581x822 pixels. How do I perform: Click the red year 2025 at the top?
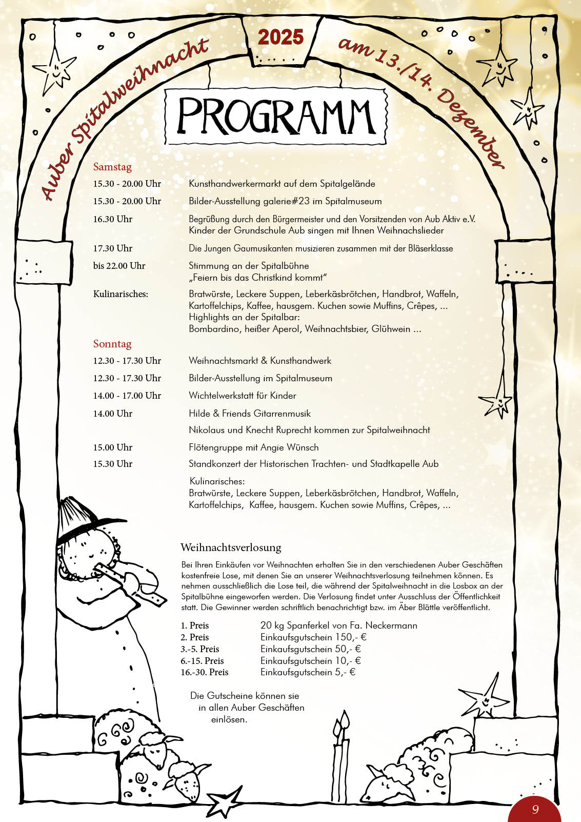(281, 37)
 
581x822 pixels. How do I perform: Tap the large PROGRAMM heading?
(276, 116)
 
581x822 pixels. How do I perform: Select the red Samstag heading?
(112, 167)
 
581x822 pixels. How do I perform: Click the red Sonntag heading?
(112, 344)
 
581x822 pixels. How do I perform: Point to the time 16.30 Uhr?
(113, 219)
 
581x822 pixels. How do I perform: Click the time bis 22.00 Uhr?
(119, 266)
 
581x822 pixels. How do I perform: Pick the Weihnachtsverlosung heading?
(231, 547)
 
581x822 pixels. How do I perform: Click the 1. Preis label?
(195, 625)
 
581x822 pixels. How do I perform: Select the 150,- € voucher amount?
(351, 637)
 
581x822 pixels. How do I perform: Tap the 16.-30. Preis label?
(204, 672)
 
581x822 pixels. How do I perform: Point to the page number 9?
(535, 809)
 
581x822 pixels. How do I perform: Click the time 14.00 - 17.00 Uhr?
(127, 396)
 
